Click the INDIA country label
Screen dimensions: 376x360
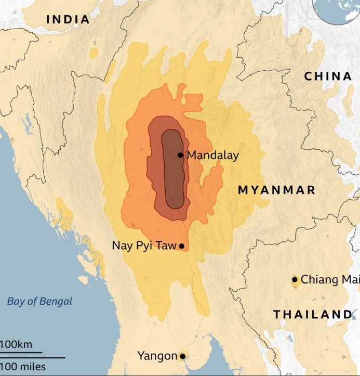click(x=68, y=20)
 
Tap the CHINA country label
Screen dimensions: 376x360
click(x=328, y=76)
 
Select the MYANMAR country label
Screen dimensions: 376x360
click(x=276, y=190)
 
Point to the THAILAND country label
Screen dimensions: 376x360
click(x=313, y=315)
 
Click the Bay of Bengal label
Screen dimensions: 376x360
click(x=40, y=301)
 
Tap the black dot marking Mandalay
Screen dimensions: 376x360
click(x=180, y=155)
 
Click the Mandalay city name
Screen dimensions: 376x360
click(x=212, y=155)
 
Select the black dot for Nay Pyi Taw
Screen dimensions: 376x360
click(x=181, y=246)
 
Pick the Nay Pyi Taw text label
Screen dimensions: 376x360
click(x=144, y=245)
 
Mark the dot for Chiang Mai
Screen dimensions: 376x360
click(x=295, y=280)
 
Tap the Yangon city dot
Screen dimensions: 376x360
click(x=182, y=356)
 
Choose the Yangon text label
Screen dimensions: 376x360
click(x=157, y=356)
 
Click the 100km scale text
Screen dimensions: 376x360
click(x=16, y=344)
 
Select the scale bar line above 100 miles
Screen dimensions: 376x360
click(x=32, y=358)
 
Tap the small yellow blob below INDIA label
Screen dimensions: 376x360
click(x=94, y=53)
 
